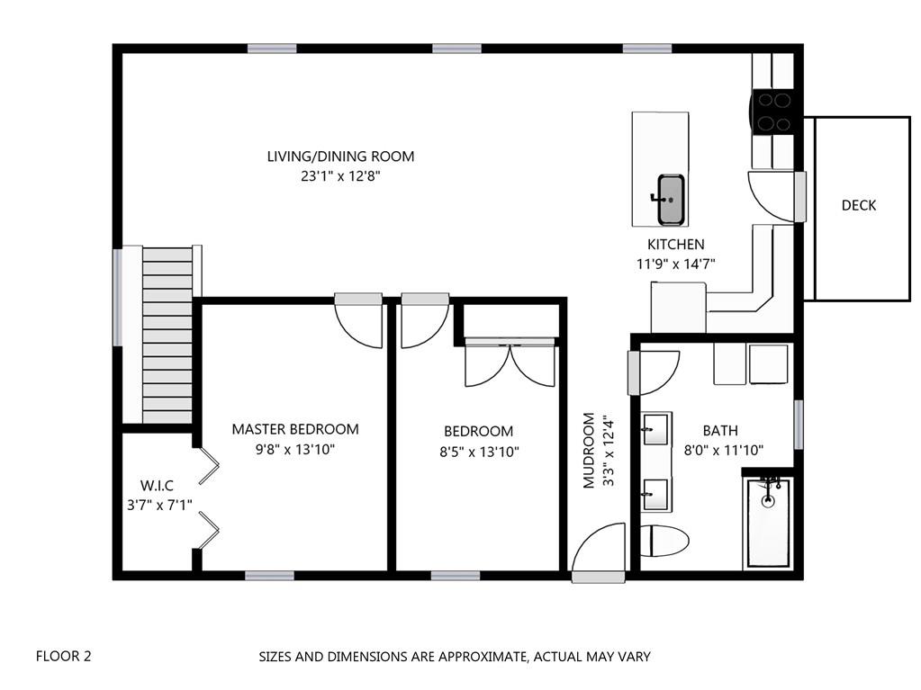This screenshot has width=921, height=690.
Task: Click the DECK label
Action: [858, 205]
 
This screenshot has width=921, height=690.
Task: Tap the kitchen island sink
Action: [670, 200]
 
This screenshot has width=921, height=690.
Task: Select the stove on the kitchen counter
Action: [773, 112]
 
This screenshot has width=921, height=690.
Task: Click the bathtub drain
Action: [768, 501]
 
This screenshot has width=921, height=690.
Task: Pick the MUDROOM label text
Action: [589, 451]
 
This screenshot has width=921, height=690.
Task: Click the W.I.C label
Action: [157, 486]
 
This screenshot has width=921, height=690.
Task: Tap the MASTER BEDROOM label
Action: [295, 429]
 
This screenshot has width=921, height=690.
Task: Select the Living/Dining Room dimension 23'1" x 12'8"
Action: [340, 176]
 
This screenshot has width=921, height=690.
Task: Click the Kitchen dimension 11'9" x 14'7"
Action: [675, 264]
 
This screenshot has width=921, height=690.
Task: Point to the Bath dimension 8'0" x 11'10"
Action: [724, 451]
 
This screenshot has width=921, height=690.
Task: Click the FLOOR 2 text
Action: [63, 656]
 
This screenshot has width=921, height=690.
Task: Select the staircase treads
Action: [167, 335]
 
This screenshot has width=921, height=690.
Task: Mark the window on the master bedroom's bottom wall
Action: [269, 576]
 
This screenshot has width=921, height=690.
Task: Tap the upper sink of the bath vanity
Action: [655, 429]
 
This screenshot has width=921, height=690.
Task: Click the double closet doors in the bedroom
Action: [510, 362]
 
